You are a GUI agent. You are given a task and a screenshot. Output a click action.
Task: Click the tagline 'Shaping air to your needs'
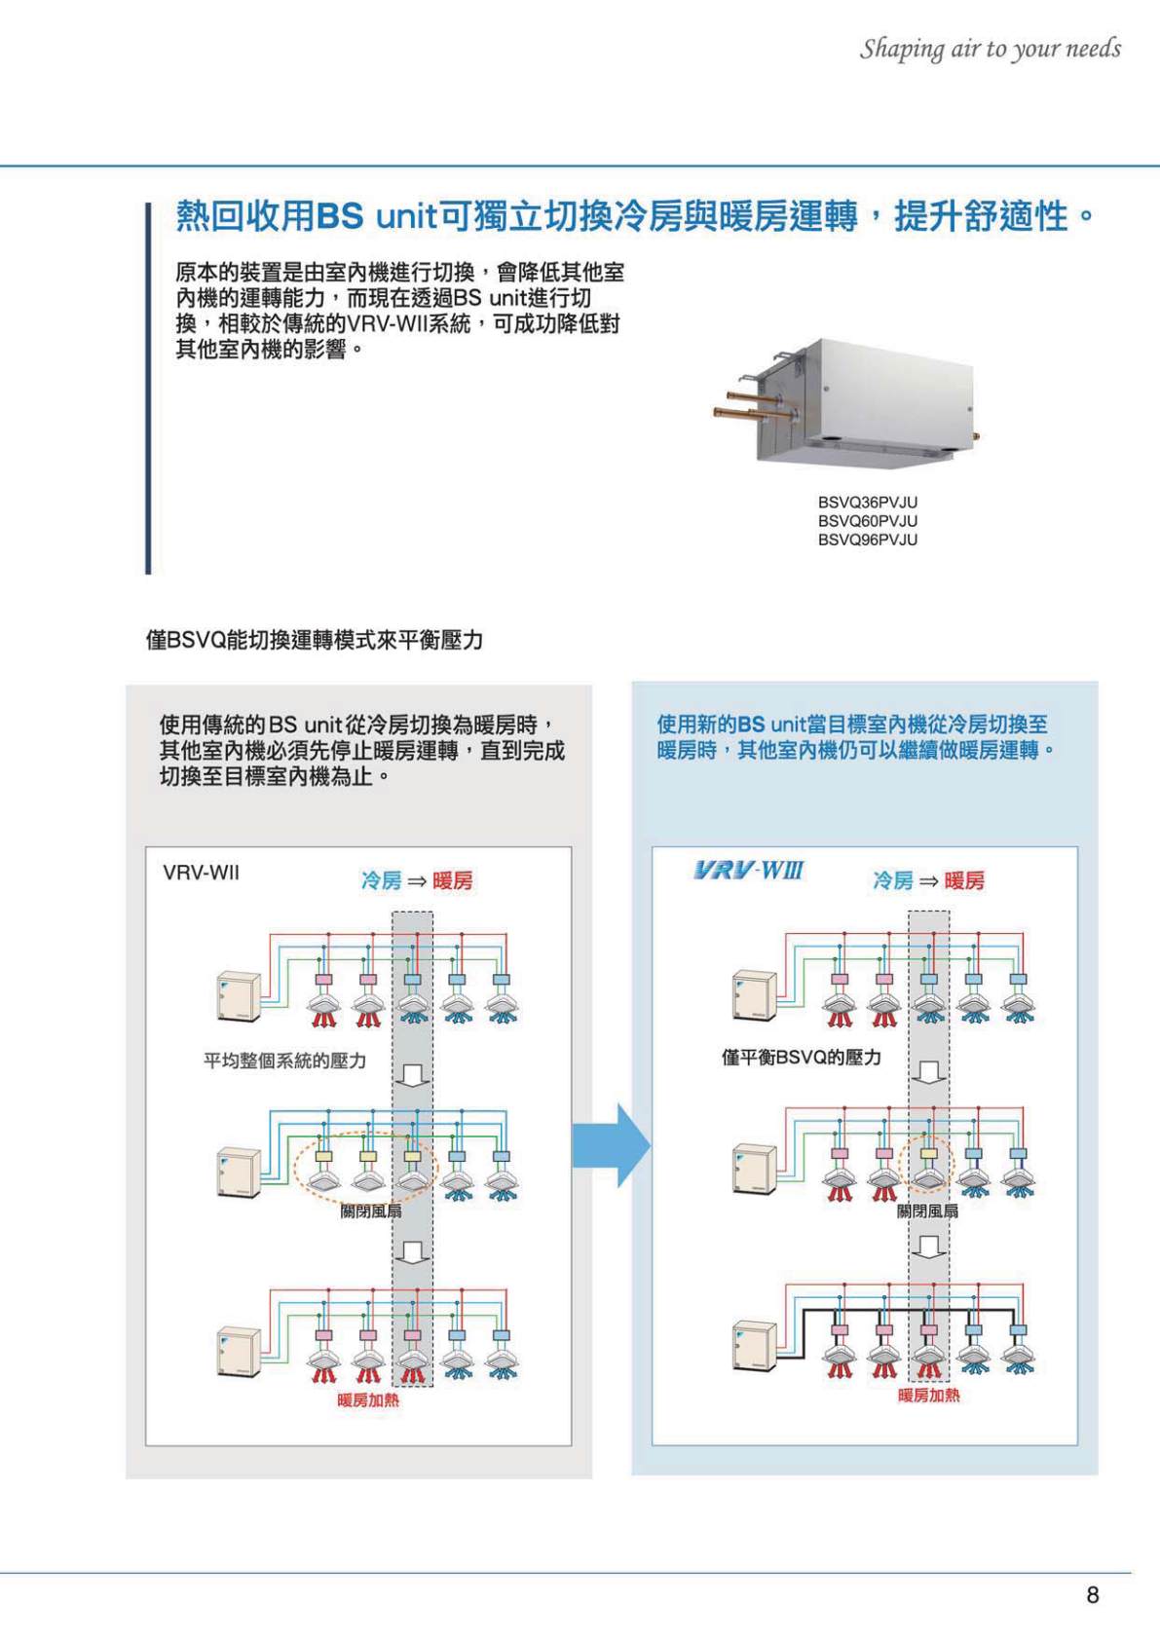coord(990,49)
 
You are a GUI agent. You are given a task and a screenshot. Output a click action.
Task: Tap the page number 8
coord(1092,1594)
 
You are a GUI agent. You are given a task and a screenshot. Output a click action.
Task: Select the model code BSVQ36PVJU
coord(867,503)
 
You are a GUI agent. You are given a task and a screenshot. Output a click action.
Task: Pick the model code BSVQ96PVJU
coord(867,540)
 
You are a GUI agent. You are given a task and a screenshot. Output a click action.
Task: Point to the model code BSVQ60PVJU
coord(867,521)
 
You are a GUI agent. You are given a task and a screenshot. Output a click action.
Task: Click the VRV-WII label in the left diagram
coord(201,873)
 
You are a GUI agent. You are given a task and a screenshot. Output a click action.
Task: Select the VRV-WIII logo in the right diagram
coord(748,870)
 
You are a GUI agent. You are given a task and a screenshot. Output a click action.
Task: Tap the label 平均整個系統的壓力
coord(284,1061)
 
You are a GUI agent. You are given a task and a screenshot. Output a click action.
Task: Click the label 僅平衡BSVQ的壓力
coord(801,1057)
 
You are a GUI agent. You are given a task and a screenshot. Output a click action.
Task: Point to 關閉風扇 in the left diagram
coord(370,1211)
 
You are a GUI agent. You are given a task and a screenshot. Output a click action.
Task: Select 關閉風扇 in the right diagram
coord(927,1211)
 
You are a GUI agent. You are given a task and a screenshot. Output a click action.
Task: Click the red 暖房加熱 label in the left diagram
coord(368,1400)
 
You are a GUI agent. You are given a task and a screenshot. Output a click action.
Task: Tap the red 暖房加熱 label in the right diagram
coord(928,1396)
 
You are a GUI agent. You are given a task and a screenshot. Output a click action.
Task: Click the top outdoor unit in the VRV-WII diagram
coord(239,995)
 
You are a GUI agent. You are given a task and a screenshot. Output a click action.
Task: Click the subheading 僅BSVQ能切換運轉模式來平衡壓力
coord(315,640)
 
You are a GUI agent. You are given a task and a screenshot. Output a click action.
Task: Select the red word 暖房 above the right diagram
coord(963,880)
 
